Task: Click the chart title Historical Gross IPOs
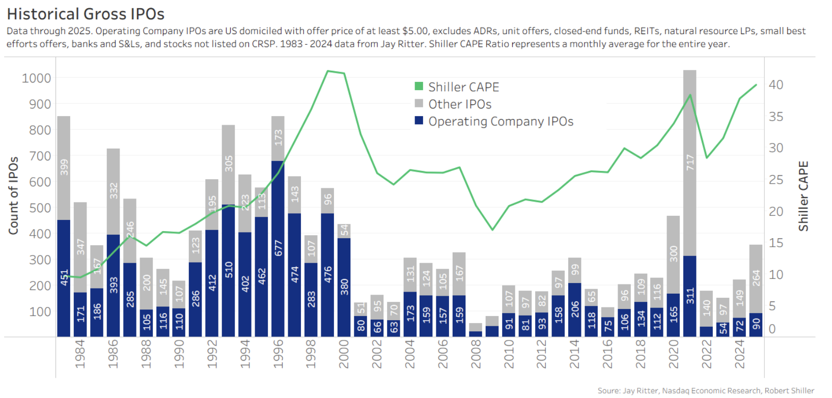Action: (x=86, y=14)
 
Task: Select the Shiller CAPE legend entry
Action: (x=463, y=87)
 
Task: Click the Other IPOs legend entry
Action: (x=459, y=104)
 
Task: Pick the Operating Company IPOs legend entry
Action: (x=500, y=122)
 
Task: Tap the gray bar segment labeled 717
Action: (x=689, y=163)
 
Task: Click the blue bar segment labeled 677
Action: (x=278, y=248)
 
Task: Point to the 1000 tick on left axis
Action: (x=36, y=78)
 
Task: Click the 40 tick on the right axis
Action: (x=775, y=85)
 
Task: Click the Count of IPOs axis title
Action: (x=13, y=196)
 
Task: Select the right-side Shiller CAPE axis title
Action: (x=803, y=196)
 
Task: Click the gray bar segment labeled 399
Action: (x=64, y=168)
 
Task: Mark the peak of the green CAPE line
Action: (x=328, y=71)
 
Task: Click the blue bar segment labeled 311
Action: (x=689, y=296)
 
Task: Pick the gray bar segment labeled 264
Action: (x=756, y=278)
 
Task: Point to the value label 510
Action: (x=228, y=270)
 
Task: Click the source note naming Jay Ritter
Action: (x=706, y=390)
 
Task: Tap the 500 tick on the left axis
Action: (x=40, y=208)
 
